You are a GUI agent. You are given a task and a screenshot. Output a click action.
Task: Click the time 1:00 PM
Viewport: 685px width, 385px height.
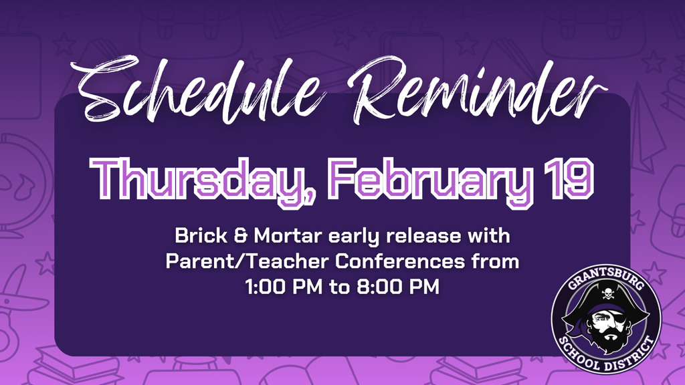284,287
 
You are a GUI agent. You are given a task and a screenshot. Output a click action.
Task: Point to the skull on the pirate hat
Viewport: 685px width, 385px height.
607,292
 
